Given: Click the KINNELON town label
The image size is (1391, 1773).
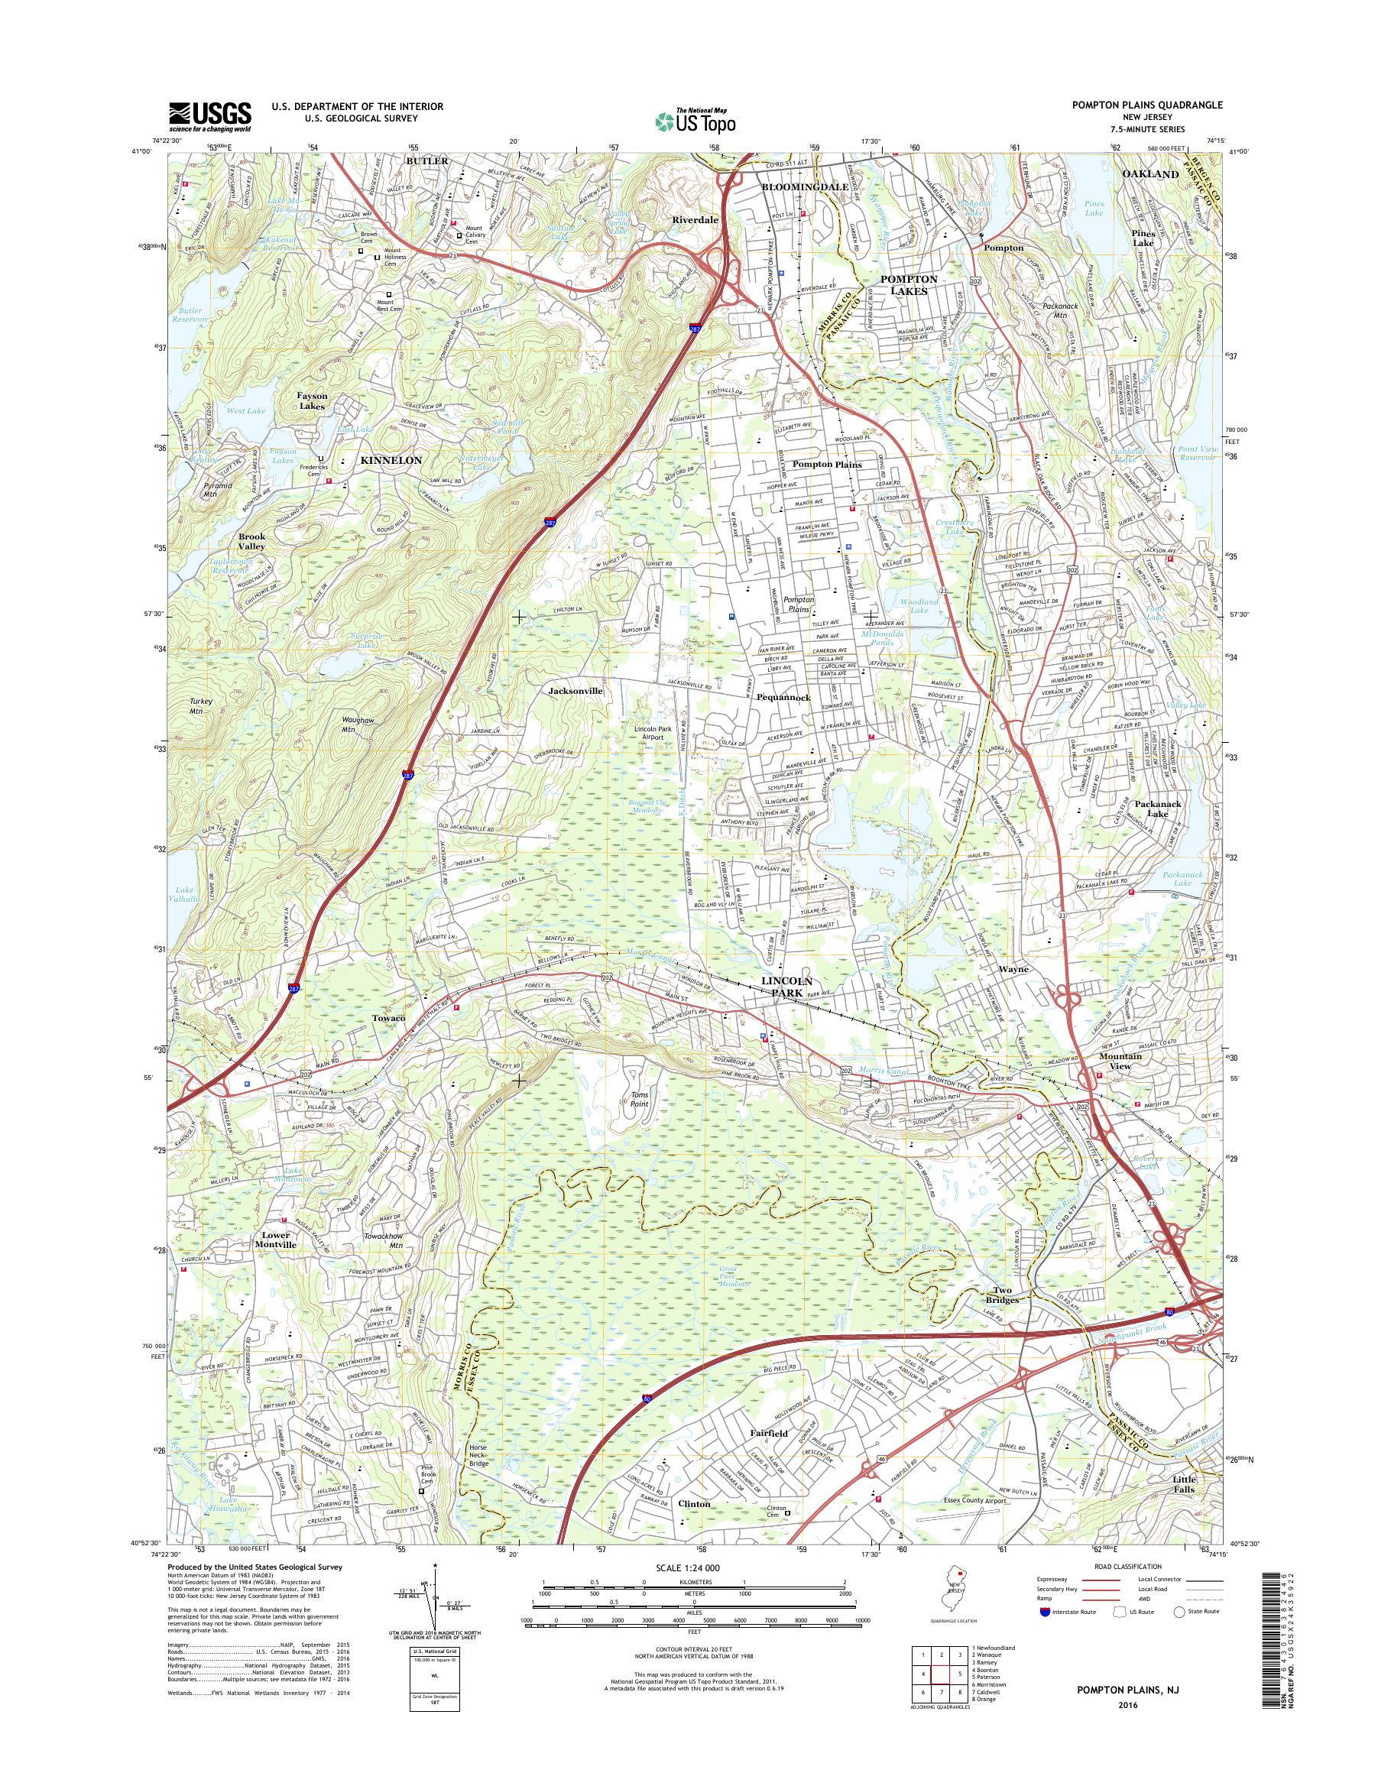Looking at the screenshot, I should [390, 460].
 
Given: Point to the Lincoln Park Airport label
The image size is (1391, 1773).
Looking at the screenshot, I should [660, 732].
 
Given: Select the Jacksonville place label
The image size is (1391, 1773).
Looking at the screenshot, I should [575, 690].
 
